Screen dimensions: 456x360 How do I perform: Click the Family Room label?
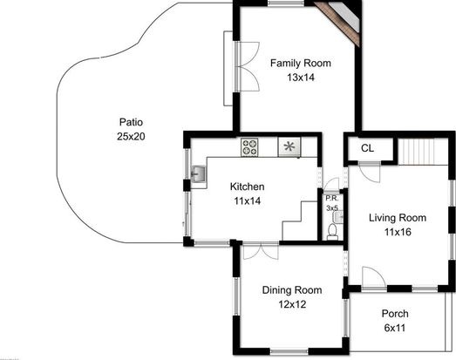[301, 63]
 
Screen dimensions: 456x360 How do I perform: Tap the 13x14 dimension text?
[301, 78]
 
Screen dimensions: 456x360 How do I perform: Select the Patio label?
[131, 122]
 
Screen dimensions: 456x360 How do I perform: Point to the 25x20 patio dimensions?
[131, 136]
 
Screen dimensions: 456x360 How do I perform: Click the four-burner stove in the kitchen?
[249, 147]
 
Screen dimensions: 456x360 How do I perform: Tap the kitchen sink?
[198, 173]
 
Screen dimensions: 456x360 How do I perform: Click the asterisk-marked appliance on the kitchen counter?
[289, 146]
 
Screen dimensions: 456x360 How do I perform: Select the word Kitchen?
[248, 187]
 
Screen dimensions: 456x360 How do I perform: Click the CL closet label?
[367, 148]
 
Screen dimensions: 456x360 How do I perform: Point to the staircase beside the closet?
[416, 152]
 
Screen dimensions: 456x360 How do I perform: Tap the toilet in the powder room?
[332, 232]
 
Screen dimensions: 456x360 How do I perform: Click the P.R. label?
[332, 199]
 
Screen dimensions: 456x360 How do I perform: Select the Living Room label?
[398, 218]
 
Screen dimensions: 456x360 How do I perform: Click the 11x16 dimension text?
[398, 232]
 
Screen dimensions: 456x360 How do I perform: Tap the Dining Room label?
[292, 290]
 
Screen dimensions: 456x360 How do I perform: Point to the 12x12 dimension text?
[292, 304]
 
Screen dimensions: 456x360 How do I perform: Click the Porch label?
[395, 314]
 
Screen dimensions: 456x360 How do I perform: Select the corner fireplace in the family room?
[339, 23]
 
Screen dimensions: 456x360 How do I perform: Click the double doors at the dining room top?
[261, 251]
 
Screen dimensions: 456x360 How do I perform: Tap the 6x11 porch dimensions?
[395, 328]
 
